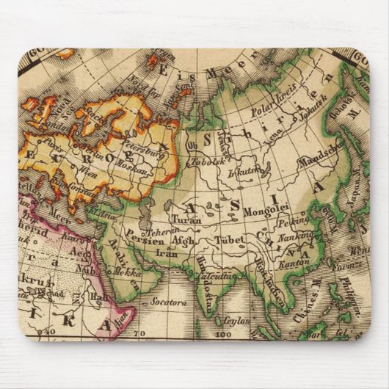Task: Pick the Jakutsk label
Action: tap(306, 115)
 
